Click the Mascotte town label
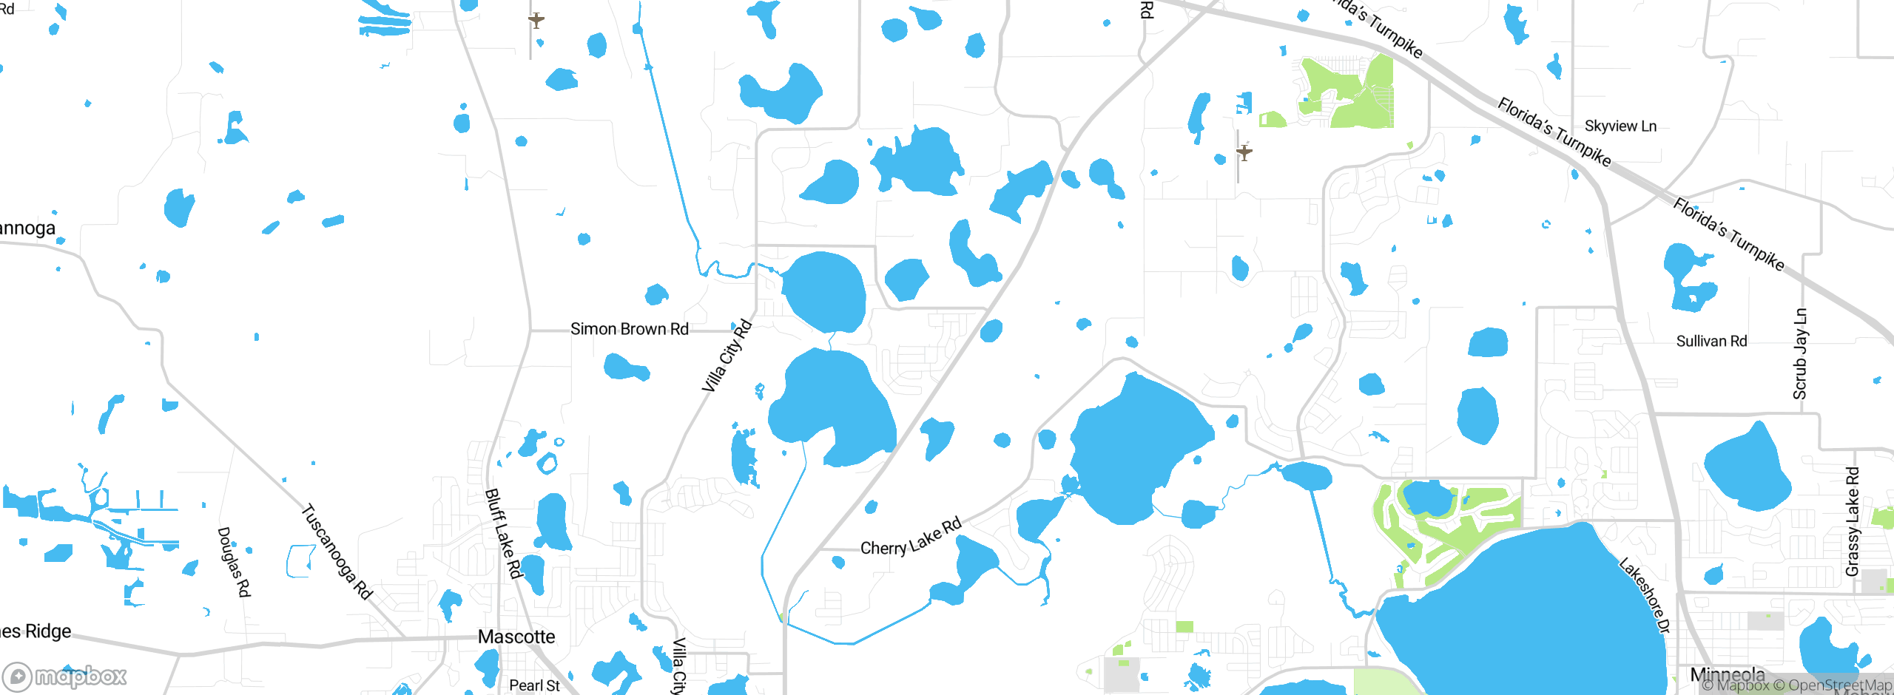coord(516,637)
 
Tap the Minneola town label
coord(1728,674)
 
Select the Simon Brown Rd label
coord(629,329)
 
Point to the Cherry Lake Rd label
coord(911,538)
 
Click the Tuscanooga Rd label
coord(337,552)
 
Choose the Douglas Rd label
coord(234,562)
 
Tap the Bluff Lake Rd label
coord(503,533)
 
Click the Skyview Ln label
coord(1620,126)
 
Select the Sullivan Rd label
coord(1711,341)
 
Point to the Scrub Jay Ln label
coord(1800,354)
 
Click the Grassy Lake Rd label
coord(1853,521)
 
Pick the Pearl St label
coord(534,685)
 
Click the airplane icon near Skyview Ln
coord(1244,152)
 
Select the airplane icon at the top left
coord(536,20)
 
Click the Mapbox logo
coord(65,676)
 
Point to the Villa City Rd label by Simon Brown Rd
coord(727,356)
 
